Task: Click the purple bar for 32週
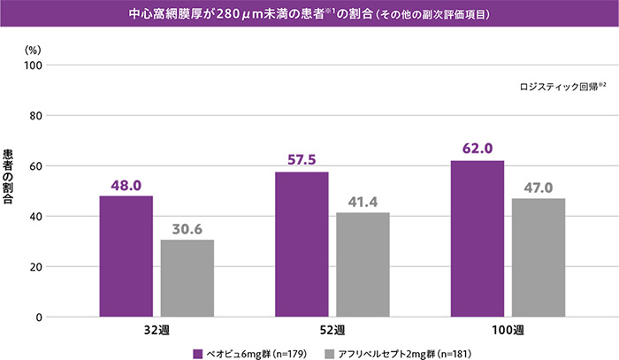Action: tap(126, 257)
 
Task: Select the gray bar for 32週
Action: tap(187, 278)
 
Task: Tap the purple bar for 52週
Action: tap(302, 244)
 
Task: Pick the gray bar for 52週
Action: tap(363, 264)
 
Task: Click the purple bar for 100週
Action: tap(477, 239)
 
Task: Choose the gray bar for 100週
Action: tap(538, 257)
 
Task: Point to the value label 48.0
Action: tap(126, 186)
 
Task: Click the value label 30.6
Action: tap(187, 229)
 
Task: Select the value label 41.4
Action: tap(363, 203)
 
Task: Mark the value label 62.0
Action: tap(477, 149)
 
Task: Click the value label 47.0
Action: tap(538, 188)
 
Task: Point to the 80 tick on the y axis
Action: tap(37, 115)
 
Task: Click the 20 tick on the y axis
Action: tap(37, 266)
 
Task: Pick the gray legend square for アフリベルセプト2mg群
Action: tap(330, 352)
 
